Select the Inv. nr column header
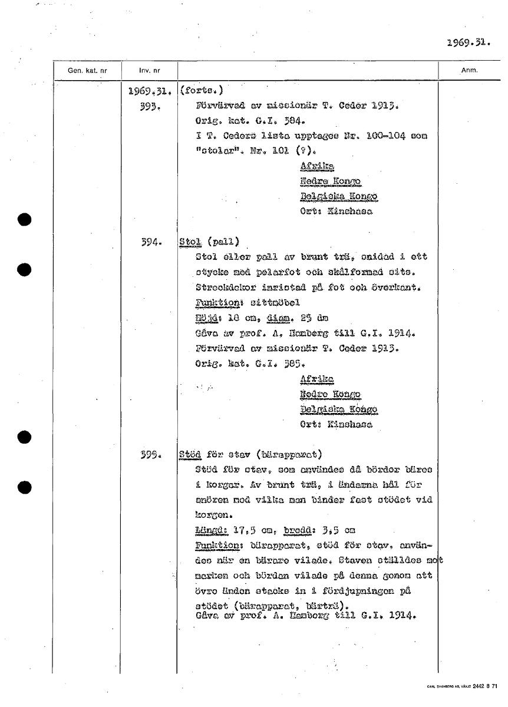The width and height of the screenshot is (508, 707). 149,71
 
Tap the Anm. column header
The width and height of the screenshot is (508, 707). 469,71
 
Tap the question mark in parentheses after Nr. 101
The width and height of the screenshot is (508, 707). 315,151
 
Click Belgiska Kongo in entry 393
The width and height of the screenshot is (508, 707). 338,196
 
